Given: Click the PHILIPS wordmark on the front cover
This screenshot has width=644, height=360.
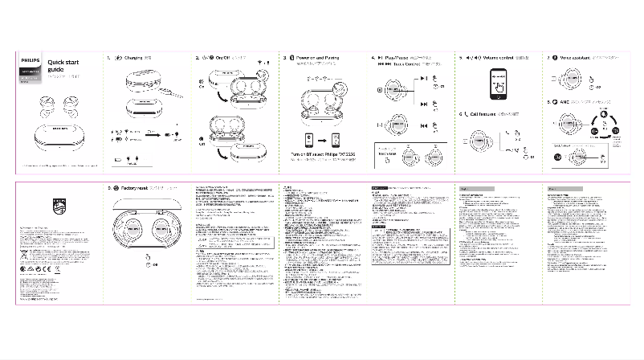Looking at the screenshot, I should tap(31, 60).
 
